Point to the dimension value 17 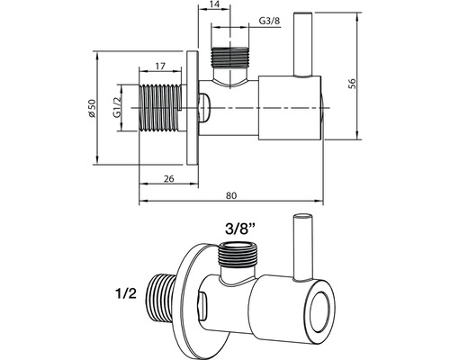(x=158, y=66)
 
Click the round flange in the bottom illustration (x=192, y=297)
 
